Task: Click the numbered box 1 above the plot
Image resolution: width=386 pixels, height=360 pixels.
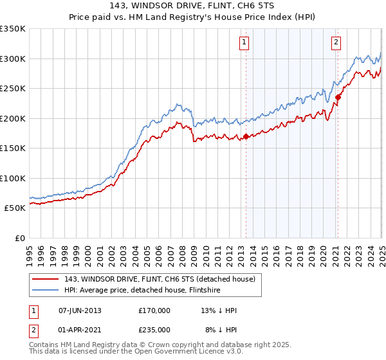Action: tap(245, 43)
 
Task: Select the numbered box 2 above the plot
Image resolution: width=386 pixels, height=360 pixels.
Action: tap(336, 43)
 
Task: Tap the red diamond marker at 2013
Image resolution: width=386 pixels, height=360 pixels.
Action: tap(246, 136)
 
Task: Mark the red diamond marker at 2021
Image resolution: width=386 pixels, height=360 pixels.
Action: tap(338, 97)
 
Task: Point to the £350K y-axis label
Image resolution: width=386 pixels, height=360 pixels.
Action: tap(13, 29)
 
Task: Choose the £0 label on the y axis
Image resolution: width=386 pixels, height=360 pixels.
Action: tap(19, 238)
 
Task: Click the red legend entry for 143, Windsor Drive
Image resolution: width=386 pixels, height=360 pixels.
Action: tap(160, 279)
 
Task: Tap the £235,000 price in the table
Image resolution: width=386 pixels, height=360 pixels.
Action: tap(154, 330)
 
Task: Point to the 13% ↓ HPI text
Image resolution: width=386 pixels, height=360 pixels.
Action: tap(219, 310)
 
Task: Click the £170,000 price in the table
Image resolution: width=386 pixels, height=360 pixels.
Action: tap(154, 310)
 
